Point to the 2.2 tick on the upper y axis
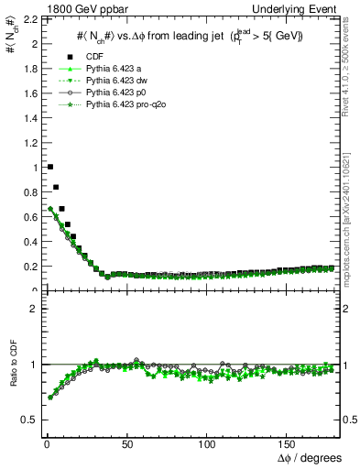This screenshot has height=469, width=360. point(26,19)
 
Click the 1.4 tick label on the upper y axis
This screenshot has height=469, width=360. point(26,118)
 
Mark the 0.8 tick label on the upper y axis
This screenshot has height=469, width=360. point(26,192)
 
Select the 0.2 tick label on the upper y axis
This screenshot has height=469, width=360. point(26,267)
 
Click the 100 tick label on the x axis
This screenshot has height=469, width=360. point(208,443)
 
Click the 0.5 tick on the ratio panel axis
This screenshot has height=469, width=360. point(26,420)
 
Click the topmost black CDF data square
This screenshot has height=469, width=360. point(49,167)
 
